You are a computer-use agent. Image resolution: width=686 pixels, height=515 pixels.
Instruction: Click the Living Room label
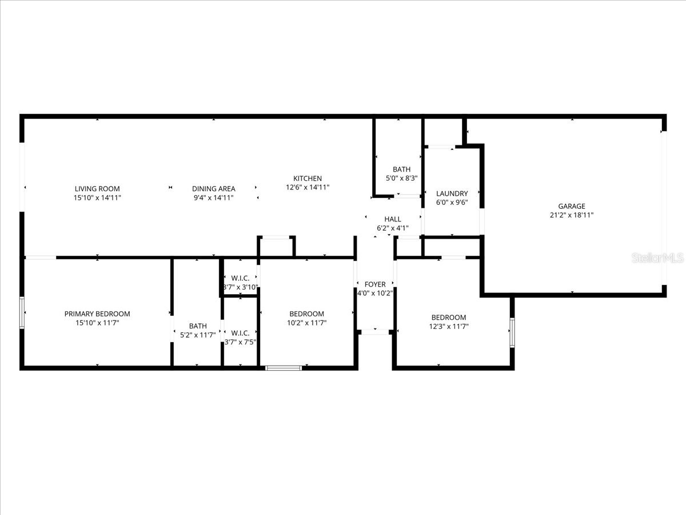[97, 188]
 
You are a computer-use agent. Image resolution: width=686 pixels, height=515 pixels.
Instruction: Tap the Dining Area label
[213, 188]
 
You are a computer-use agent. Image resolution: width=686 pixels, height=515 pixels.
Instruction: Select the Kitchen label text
[308, 179]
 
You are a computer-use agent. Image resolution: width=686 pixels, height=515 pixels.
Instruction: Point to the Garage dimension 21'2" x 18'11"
[572, 216]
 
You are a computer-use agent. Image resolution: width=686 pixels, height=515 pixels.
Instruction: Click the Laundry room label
[452, 193]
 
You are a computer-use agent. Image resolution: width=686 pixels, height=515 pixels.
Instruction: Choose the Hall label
[392, 219]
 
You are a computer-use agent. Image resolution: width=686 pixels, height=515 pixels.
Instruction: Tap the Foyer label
[375, 284]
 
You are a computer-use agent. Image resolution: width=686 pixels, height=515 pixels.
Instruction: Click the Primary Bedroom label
[97, 314]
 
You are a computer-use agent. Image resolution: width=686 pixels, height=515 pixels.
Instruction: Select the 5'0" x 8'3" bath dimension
[401, 179]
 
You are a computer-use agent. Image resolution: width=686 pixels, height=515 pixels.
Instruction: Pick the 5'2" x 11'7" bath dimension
[198, 335]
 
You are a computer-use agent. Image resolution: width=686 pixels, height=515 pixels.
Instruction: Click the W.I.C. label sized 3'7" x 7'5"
[240, 332]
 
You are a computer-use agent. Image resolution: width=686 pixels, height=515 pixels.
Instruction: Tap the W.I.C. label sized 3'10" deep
[240, 278]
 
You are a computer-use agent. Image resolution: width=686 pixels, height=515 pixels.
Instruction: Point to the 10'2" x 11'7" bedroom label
[306, 314]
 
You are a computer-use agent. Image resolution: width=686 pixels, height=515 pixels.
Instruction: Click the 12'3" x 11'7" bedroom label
[448, 318]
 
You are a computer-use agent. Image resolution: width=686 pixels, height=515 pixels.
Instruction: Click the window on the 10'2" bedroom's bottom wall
[284, 367]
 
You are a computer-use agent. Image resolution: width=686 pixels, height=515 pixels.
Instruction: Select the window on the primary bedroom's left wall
[22, 312]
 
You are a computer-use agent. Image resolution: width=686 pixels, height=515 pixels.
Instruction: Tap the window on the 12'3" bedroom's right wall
[512, 333]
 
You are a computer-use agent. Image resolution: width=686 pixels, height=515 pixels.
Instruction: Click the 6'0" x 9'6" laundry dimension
[452, 203]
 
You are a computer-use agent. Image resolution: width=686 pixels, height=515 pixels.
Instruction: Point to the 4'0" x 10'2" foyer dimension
[375, 294]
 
